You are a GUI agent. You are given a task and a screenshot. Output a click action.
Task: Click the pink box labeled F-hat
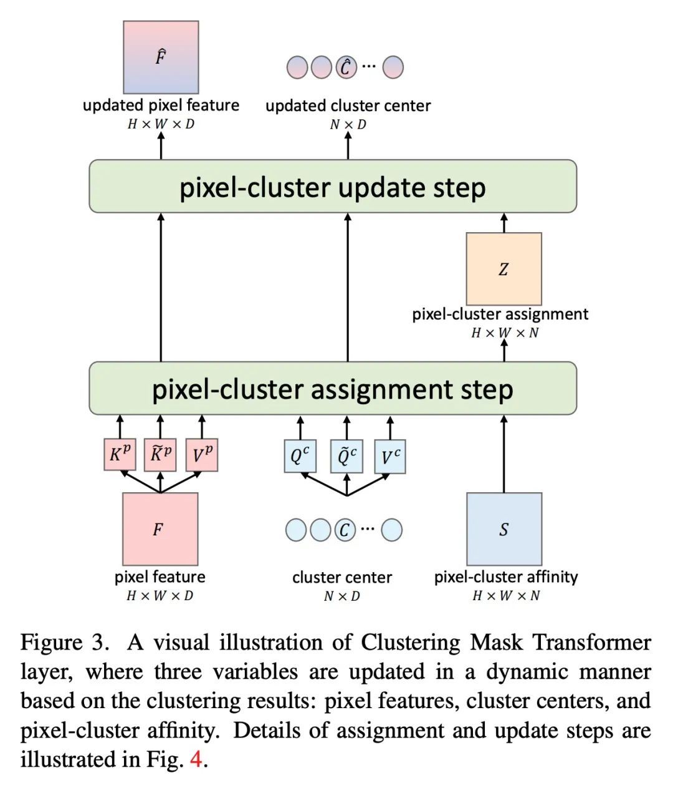coord(161,57)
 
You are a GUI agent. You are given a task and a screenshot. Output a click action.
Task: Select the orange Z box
coord(504,269)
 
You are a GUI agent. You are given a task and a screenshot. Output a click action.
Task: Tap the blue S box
coord(504,529)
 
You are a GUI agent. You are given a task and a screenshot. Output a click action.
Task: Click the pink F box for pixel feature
coord(160,529)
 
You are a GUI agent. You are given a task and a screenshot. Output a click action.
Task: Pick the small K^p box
coord(120,455)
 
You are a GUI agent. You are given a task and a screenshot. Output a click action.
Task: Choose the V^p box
coord(201,455)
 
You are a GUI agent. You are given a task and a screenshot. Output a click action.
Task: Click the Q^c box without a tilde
coord(300,457)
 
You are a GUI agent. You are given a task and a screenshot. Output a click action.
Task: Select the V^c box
coord(390,457)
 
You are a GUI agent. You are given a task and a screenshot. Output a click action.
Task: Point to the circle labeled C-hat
coord(346,67)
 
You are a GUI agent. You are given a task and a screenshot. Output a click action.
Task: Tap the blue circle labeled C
coord(344,530)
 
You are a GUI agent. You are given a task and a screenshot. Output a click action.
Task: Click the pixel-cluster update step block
coord(333,187)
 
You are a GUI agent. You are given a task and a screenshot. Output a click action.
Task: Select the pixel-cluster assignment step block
coord(333,388)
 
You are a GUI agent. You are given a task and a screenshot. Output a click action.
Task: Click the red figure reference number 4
coord(196,759)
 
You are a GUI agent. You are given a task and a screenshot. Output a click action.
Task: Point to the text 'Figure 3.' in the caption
coord(60,643)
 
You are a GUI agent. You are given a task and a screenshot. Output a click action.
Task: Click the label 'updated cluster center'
coord(348,105)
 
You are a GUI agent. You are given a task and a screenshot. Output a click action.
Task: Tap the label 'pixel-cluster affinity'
coord(505,576)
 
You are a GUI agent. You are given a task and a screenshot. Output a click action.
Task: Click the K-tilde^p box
coord(160,455)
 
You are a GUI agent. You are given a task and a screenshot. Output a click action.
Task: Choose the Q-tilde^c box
coord(346,457)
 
